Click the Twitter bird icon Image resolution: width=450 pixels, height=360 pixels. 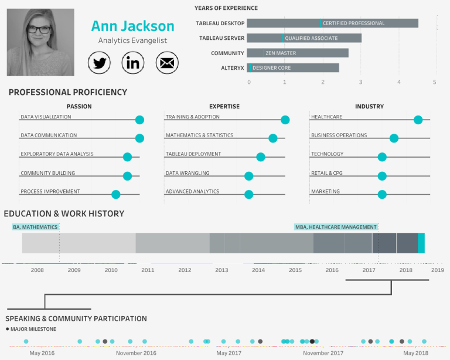(x=99, y=63)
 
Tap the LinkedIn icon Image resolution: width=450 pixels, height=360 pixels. (x=133, y=63)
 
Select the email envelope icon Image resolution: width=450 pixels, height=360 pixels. (x=167, y=63)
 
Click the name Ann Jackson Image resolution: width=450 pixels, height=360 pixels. (x=132, y=26)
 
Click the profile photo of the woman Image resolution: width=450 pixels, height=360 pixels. (x=40, y=42)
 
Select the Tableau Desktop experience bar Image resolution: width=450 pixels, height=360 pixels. (x=332, y=23)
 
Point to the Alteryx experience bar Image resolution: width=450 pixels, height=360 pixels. (x=292, y=68)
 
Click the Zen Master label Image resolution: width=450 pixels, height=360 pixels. (x=281, y=53)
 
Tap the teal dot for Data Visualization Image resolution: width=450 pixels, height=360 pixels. (x=139, y=120)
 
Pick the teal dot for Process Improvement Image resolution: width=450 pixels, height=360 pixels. (x=116, y=195)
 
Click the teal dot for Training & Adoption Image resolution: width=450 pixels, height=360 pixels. (x=285, y=120)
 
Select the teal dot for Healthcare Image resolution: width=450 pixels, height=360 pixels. (x=418, y=120)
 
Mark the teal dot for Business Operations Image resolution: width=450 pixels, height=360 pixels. (x=394, y=138)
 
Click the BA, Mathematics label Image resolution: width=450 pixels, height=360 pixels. (x=35, y=227)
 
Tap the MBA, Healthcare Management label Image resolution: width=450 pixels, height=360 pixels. (x=336, y=227)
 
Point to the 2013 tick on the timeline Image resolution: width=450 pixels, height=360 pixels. (x=221, y=270)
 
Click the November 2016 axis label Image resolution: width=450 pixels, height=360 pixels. (x=136, y=353)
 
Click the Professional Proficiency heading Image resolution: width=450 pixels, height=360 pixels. (x=67, y=93)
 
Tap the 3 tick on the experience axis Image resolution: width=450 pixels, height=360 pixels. (x=360, y=82)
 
